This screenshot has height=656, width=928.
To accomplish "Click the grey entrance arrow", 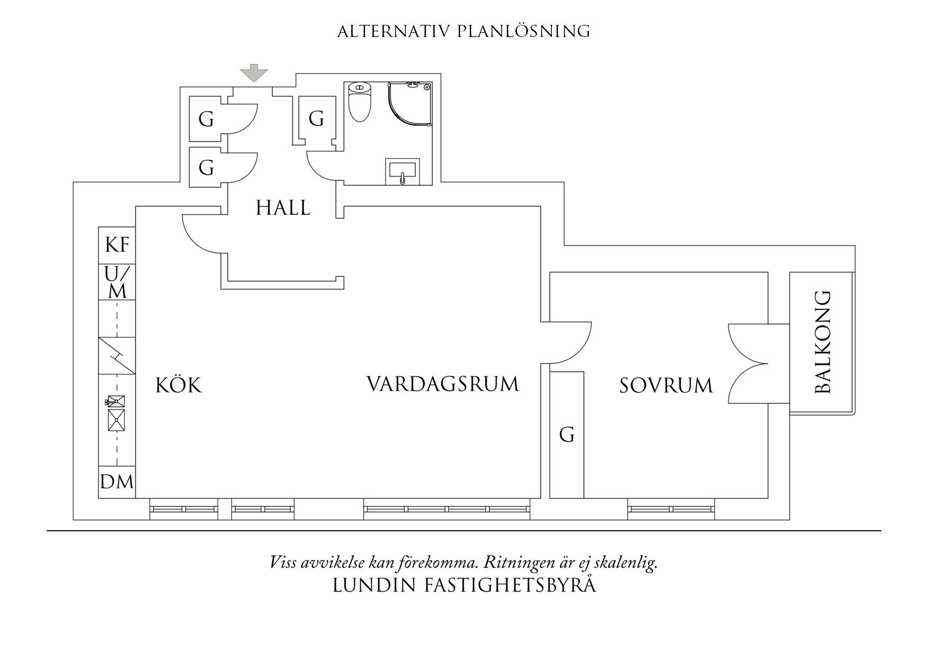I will tap(254, 73).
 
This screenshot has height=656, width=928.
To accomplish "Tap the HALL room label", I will tap(283, 208).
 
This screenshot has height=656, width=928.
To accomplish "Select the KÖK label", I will tap(179, 385).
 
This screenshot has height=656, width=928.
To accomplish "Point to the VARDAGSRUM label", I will tap(442, 384).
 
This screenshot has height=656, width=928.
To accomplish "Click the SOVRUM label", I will tap(666, 386).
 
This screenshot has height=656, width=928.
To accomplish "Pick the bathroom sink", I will tap(403, 171).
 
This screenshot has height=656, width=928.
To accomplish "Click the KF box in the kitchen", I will tap(117, 245).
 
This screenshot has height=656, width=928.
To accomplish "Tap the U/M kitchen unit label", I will tap(117, 283).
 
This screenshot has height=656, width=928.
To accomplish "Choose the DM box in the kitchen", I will tap(117, 482).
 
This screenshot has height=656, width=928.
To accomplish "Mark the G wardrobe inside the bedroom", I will tap(567, 435).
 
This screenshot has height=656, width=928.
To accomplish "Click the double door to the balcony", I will tap(748, 363).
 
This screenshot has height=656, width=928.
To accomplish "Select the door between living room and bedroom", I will tap(570, 343).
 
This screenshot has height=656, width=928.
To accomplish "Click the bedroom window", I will tap(671, 509).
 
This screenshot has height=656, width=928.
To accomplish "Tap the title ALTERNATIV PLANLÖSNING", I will tap(463, 32).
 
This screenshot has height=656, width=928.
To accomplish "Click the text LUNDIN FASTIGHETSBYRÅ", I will tap(464, 585).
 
